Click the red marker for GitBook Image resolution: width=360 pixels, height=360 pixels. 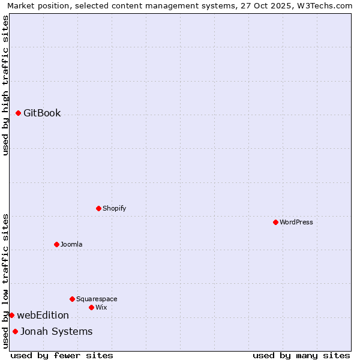click(x=19, y=113)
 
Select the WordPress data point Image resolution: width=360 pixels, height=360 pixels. click(x=275, y=222)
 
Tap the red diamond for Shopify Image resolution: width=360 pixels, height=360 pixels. click(x=98, y=208)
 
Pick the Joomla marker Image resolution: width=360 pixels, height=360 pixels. click(x=56, y=244)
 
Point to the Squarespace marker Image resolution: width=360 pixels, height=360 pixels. click(x=72, y=299)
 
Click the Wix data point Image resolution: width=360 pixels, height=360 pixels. click(x=91, y=307)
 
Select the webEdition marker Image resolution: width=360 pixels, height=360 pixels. click(x=11, y=315)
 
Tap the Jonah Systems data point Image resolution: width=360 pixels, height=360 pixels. click(x=15, y=331)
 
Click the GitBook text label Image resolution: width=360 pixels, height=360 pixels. click(x=42, y=113)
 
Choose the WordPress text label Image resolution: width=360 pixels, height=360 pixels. click(x=296, y=222)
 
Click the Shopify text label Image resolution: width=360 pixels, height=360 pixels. click(x=114, y=208)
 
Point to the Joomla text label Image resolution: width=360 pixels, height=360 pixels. click(x=71, y=244)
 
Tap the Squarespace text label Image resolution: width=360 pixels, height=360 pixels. click(x=97, y=299)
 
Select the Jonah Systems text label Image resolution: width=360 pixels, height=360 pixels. click(x=56, y=331)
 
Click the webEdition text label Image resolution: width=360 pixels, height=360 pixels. click(x=43, y=315)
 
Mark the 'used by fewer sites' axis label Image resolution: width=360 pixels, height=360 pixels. click(x=62, y=355)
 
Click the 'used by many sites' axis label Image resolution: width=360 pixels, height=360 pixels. click(x=301, y=355)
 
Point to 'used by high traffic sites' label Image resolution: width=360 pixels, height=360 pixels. click(x=6, y=85)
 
